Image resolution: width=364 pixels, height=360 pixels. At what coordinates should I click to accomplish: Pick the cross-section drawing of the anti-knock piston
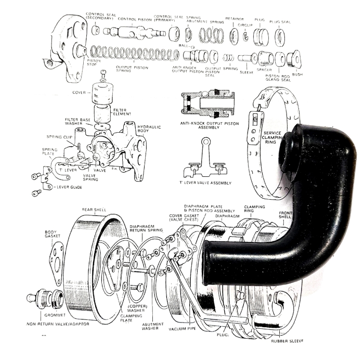coord(206,105)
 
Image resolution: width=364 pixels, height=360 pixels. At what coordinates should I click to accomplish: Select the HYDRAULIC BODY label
coord(149,131)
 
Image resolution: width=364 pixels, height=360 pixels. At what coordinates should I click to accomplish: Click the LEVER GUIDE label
coord(69,186)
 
